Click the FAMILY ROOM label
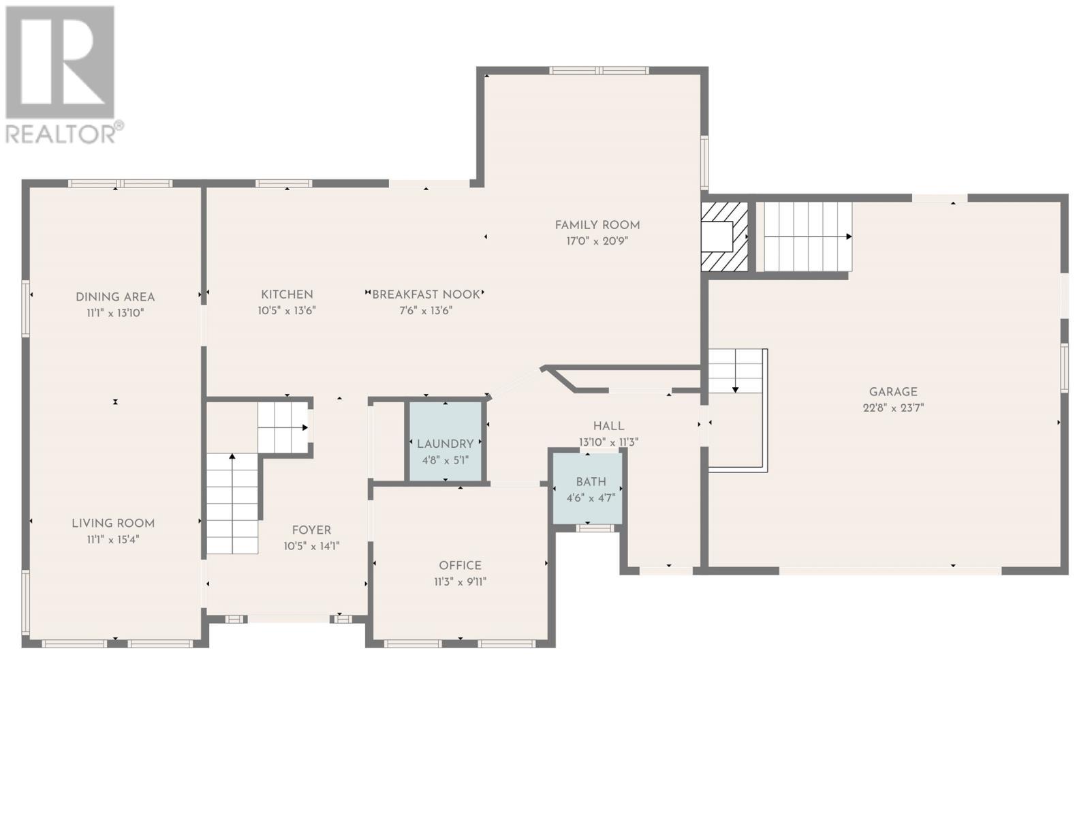597,225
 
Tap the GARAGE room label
893,392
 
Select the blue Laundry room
445,441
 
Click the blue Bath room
588,487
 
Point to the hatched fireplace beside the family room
724,237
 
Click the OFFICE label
460,565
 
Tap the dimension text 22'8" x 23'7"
893,408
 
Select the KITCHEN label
287,294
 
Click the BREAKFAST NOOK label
426,294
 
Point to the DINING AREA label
115,297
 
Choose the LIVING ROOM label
113,523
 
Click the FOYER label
311,530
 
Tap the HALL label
609,425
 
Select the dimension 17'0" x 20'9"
597,241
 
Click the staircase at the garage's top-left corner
807,237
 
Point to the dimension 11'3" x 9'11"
460,581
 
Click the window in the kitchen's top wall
284,184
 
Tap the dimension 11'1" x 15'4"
113,539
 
